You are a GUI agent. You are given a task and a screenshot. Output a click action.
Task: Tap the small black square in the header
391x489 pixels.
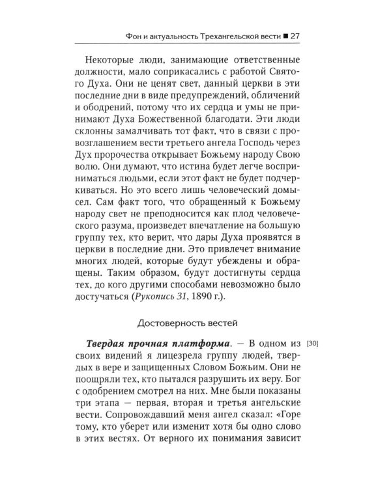(298, 35)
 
